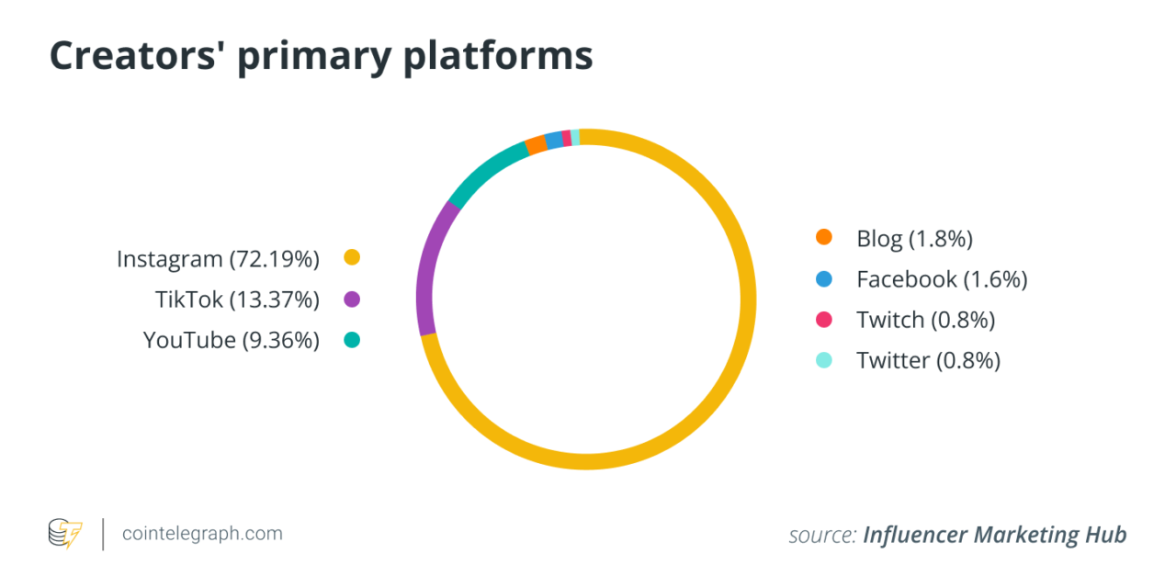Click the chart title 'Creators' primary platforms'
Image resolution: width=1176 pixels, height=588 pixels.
point(321,55)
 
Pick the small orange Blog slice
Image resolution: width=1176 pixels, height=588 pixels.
point(536,145)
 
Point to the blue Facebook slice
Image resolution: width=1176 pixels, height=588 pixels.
point(554,140)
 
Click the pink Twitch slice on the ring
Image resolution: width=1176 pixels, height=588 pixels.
point(567,138)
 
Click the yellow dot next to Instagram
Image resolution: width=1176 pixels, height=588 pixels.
point(351,258)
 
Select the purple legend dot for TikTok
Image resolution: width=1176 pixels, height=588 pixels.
point(351,300)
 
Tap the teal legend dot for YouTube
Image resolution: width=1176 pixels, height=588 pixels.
point(351,340)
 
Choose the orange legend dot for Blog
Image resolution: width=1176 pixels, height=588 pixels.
point(824,238)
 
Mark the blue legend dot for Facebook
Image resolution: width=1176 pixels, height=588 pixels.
point(824,278)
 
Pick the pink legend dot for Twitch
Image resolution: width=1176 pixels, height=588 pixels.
point(824,320)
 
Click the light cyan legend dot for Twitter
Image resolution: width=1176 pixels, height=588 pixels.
point(824,360)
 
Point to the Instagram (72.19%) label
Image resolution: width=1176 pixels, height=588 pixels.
point(218,259)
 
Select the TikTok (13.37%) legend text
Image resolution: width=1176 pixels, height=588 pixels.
point(237,300)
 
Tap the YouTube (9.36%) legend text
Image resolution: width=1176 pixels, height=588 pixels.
point(231,340)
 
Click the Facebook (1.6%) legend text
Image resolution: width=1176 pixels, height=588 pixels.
point(942,279)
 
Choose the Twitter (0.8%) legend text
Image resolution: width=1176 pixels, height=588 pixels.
point(928,360)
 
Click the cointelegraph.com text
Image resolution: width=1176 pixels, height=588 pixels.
point(202,533)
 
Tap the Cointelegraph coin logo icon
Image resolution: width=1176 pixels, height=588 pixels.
point(65,534)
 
